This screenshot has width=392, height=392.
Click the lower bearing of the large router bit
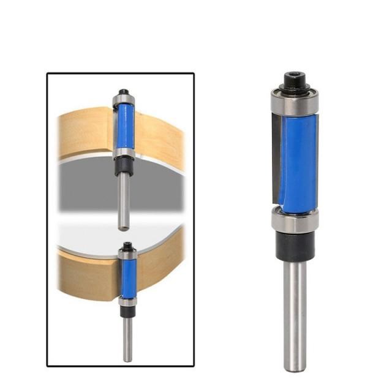click(x=296, y=221)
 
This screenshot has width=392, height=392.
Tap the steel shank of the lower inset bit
click(x=128, y=337)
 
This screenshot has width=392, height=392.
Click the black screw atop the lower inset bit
click(x=127, y=246)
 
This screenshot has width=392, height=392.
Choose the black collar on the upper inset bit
click(x=123, y=167)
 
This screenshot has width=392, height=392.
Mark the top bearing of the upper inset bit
click(x=123, y=100)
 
